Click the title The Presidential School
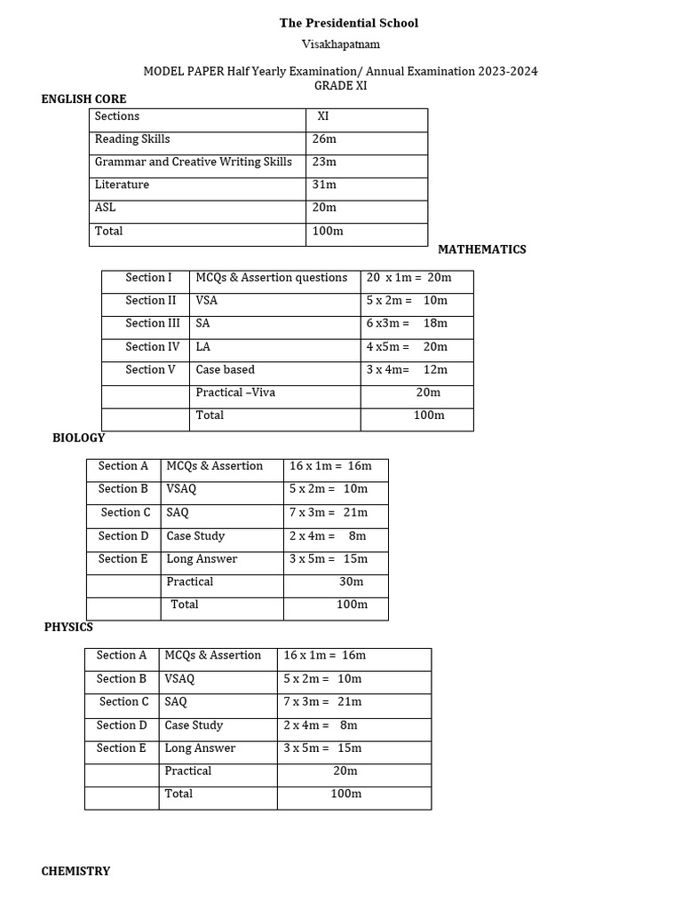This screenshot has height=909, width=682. point(349,22)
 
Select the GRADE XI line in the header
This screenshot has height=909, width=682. point(340,85)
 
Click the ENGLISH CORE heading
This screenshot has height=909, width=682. point(83,99)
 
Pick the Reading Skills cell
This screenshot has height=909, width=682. point(132,138)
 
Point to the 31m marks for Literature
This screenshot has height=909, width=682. point(324,185)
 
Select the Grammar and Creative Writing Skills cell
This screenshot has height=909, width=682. point(194,162)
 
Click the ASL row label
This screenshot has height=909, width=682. point(105,208)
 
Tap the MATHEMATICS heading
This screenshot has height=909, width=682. point(481,249)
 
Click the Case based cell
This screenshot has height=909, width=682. point(225,369)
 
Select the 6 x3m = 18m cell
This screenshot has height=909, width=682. point(407,323)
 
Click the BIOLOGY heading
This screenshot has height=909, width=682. point(78,438)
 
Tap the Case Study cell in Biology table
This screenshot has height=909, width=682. point(195,535)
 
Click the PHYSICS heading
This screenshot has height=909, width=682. point(68,627)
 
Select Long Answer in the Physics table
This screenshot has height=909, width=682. point(200,747)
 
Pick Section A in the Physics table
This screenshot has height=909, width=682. point(122,655)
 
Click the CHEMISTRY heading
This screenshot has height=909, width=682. point(75,871)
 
